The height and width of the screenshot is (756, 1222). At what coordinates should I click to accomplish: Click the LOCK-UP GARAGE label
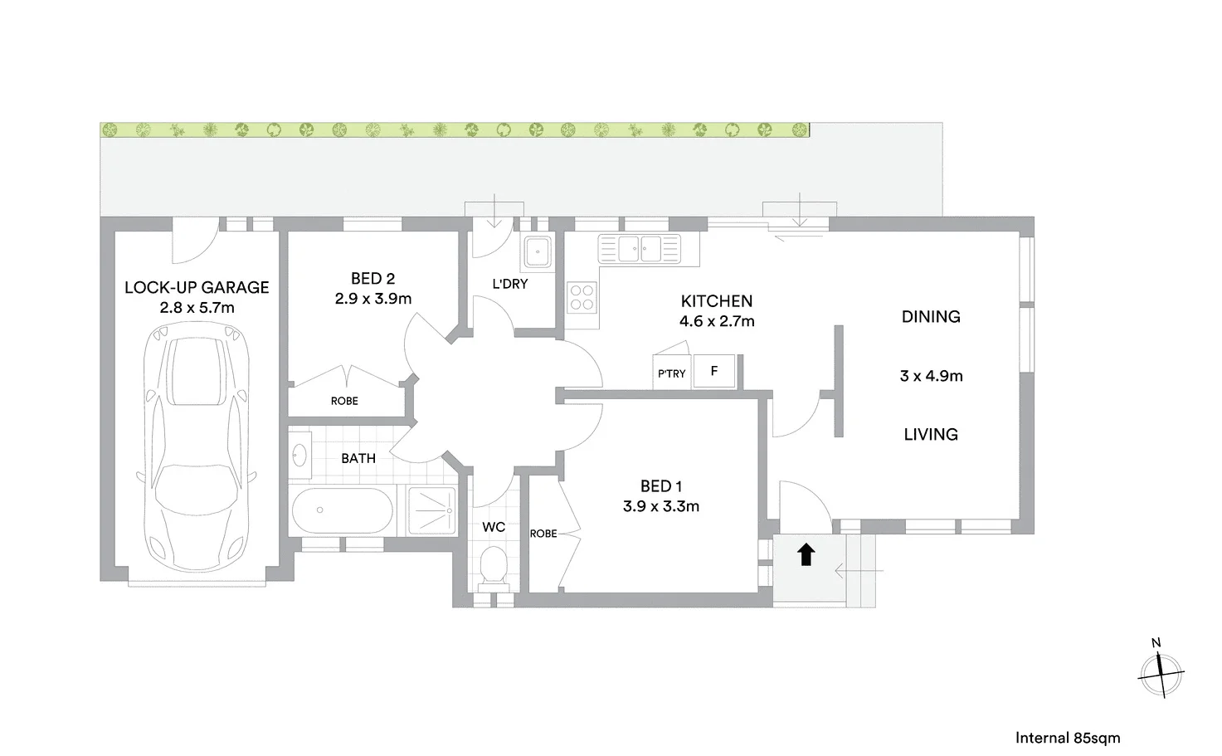197,287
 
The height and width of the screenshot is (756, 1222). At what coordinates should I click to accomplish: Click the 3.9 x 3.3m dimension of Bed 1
661,506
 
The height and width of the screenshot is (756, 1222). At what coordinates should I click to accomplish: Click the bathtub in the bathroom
342,510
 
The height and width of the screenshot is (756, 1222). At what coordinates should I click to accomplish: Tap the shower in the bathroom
432,510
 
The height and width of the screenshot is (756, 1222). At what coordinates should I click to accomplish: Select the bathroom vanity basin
299,455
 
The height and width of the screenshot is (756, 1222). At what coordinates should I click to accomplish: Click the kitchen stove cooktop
582,297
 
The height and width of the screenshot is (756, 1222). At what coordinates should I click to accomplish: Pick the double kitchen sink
640,248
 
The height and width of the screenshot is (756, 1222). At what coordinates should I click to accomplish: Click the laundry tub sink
538,251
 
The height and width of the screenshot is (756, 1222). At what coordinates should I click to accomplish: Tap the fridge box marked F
714,371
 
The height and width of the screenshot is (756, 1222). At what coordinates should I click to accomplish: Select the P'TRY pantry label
671,373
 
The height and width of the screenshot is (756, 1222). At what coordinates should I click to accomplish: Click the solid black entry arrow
806,554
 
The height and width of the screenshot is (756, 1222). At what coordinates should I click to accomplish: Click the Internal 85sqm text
1068,738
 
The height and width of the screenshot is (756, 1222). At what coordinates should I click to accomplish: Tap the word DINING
931,317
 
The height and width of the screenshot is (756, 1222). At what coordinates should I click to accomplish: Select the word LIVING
931,434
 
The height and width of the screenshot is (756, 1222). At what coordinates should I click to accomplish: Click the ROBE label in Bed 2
344,401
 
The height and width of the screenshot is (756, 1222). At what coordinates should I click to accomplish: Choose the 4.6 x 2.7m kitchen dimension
717,321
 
